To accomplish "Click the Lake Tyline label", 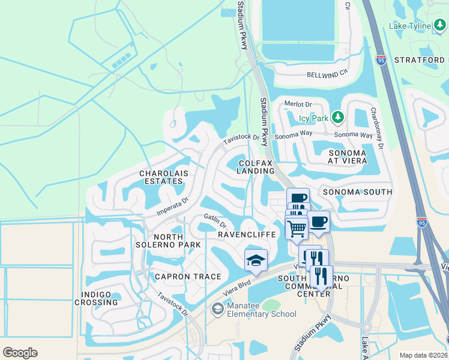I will [x=410, y=43].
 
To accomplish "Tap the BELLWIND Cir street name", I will [x=327, y=74].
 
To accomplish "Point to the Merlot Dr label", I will [x=299, y=104].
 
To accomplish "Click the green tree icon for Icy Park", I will [x=338, y=116].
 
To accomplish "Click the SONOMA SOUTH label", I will [x=357, y=192].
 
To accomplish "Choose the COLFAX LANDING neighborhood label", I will [x=256, y=167].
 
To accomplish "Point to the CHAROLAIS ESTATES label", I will [x=164, y=177].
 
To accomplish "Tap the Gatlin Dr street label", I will [x=214, y=221].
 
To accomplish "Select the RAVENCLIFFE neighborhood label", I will [x=247, y=234].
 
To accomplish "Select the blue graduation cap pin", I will [x=256, y=261].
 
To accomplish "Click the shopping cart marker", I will [x=297, y=228].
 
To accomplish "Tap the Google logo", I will [x=20, y=353].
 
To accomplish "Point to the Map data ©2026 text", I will [x=423, y=355].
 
